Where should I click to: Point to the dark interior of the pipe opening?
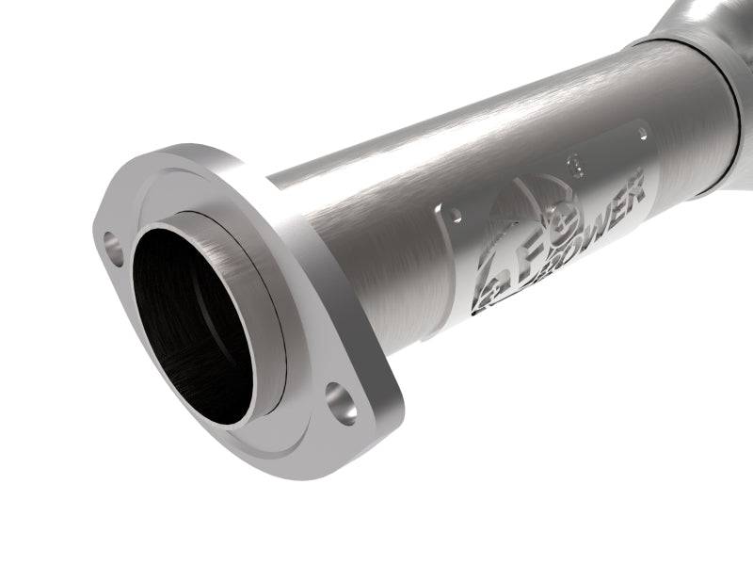point(193,320)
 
